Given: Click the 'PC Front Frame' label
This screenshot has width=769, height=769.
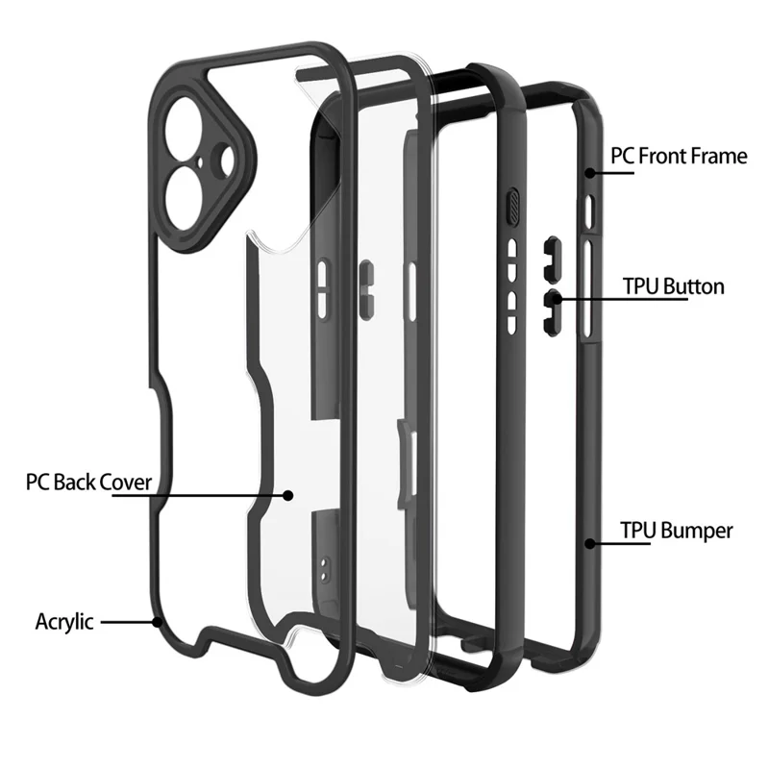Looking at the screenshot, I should (x=679, y=156).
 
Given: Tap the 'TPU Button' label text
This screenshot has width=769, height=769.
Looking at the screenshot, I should (x=674, y=286).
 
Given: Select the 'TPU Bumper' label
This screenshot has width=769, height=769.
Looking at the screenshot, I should (x=677, y=531).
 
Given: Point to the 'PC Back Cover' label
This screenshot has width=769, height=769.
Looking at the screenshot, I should (x=88, y=482).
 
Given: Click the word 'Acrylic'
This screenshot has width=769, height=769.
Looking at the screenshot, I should (x=64, y=621).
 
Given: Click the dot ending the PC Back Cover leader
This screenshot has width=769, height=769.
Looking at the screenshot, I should (x=287, y=495).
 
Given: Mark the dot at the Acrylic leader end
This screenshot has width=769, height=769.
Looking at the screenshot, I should (x=158, y=622).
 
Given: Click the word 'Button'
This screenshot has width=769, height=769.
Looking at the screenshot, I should (x=692, y=286).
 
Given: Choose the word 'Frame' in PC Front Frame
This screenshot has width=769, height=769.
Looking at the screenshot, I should (x=722, y=156).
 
